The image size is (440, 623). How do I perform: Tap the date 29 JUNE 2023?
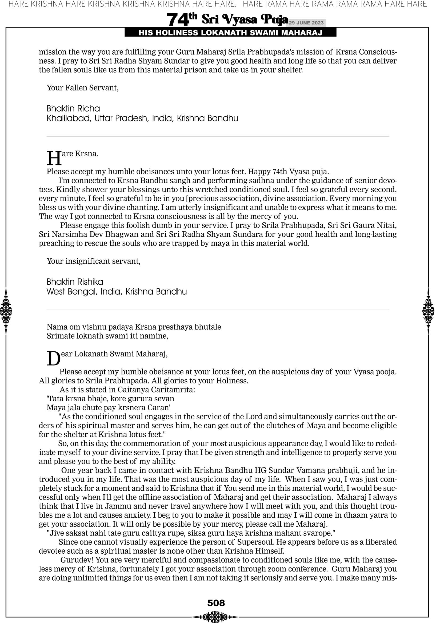pyautogui.click(x=306, y=23)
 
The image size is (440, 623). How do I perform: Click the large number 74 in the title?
pyautogui.click(x=177, y=20)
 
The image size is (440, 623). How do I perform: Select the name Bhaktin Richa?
pyautogui.click(x=73, y=109)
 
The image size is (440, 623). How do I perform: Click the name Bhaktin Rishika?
pyautogui.click(x=75, y=282)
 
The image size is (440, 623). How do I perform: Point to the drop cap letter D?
pyautogui.click(x=53, y=358)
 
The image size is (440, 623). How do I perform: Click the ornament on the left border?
pyautogui.click(x=6, y=311)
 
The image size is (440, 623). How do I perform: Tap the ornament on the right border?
pyautogui.click(x=428, y=311)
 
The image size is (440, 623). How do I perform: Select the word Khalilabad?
pyautogui.click(x=69, y=118)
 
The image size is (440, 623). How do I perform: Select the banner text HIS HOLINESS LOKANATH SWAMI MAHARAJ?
pyautogui.click(x=230, y=33)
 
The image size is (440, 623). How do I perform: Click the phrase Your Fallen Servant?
pyautogui.click(x=82, y=88)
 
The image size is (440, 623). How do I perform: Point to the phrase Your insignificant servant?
pyautogui.click(x=94, y=261)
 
